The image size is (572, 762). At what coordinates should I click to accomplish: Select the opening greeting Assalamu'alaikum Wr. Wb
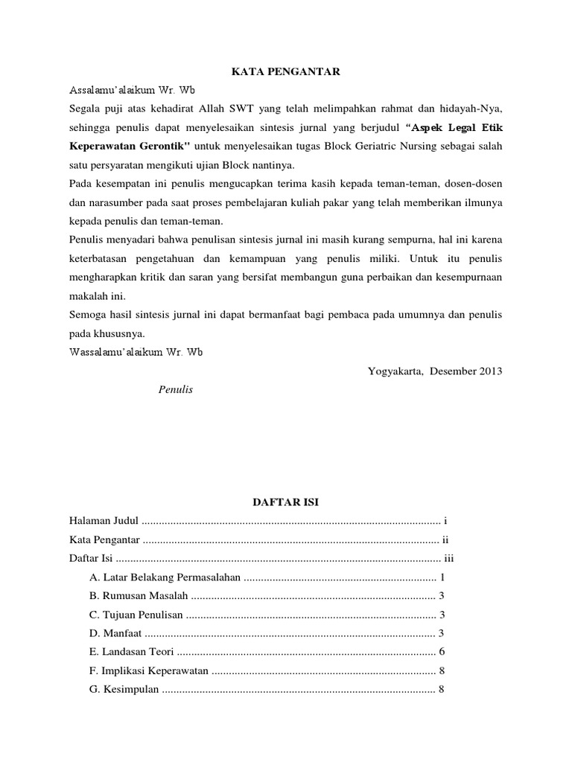click(132, 90)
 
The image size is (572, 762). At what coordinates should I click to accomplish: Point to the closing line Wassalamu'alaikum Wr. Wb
click(136, 352)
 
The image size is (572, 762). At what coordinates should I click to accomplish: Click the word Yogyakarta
click(394, 371)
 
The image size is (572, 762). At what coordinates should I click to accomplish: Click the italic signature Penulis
click(176, 390)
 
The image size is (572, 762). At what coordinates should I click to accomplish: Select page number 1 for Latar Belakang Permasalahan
click(442, 577)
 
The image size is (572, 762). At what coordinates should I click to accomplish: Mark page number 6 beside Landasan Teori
click(442, 652)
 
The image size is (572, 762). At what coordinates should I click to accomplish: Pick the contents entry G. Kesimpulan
click(124, 689)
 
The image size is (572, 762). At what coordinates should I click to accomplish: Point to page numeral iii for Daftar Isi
click(448, 558)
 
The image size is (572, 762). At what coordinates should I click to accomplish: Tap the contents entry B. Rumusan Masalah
click(139, 595)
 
